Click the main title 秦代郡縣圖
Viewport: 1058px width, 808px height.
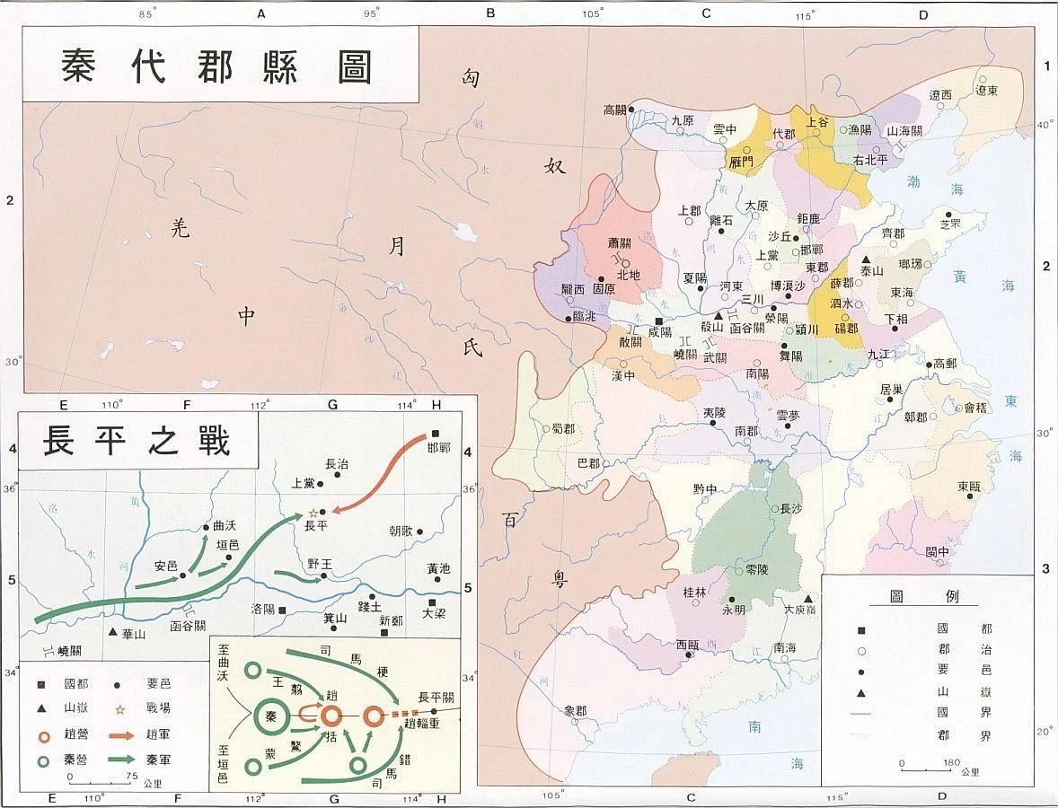[x=217, y=66]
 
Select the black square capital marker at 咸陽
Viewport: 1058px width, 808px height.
[x=658, y=321]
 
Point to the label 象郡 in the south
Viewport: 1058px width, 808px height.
[x=575, y=711]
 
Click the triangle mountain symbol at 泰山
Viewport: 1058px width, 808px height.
[x=866, y=259]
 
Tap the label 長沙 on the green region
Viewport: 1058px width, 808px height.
[x=790, y=508]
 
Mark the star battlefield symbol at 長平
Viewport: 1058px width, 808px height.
[x=313, y=513]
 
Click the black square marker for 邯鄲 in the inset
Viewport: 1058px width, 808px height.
[x=436, y=432]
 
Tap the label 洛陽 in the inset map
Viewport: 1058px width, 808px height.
[x=262, y=609]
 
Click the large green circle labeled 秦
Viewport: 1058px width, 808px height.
[x=272, y=716]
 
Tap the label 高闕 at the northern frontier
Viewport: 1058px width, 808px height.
[x=614, y=110]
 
